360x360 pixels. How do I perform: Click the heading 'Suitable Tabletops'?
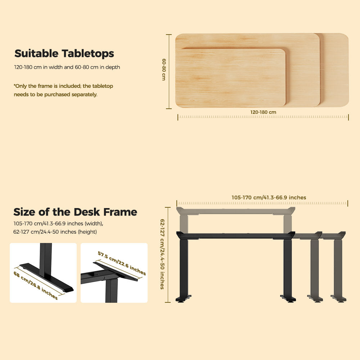tap(64, 54)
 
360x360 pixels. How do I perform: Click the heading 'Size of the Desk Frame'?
tap(75, 212)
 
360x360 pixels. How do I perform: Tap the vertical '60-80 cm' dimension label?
tap(164, 69)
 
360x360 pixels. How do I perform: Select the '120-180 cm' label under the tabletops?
tap(263, 112)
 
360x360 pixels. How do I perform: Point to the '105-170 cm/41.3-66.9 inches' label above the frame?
tap(269, 197)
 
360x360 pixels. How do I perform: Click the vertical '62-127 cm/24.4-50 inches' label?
tap(162, 254)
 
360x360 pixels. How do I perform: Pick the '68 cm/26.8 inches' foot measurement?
tap(35, 285)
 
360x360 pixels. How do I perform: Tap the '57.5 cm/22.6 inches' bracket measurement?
tap(122, 263)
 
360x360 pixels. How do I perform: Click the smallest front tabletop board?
tap(230, 77)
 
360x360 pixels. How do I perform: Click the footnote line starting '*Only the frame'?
tap(63, 86)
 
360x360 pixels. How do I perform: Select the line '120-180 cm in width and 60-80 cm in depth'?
tap(67, 67)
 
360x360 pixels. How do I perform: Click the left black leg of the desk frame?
tap(184, 267)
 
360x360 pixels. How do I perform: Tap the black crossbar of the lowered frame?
tap(235, 235)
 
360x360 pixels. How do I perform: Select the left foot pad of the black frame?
tap(183, 298)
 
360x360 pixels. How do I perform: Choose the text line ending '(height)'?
tap(55, 232)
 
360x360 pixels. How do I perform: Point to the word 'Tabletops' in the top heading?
tap(88, 54)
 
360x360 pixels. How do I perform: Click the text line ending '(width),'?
tap(58, 224)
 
